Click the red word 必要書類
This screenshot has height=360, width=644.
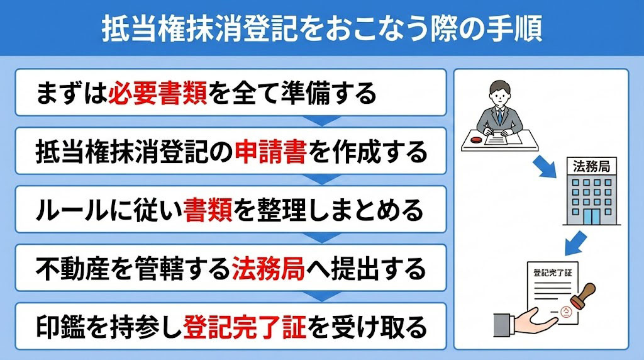tap(157, 93)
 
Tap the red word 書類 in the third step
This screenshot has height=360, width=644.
tap(208, 210)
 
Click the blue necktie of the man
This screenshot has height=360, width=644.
tap(499, 116)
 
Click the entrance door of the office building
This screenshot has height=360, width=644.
tap(591, 217)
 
